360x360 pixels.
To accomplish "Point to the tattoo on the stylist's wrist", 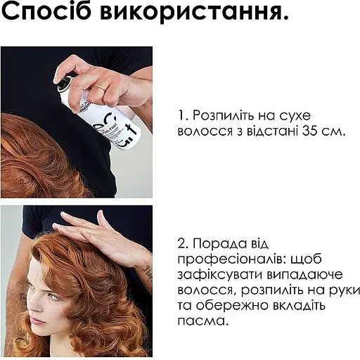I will click(148, 270).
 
